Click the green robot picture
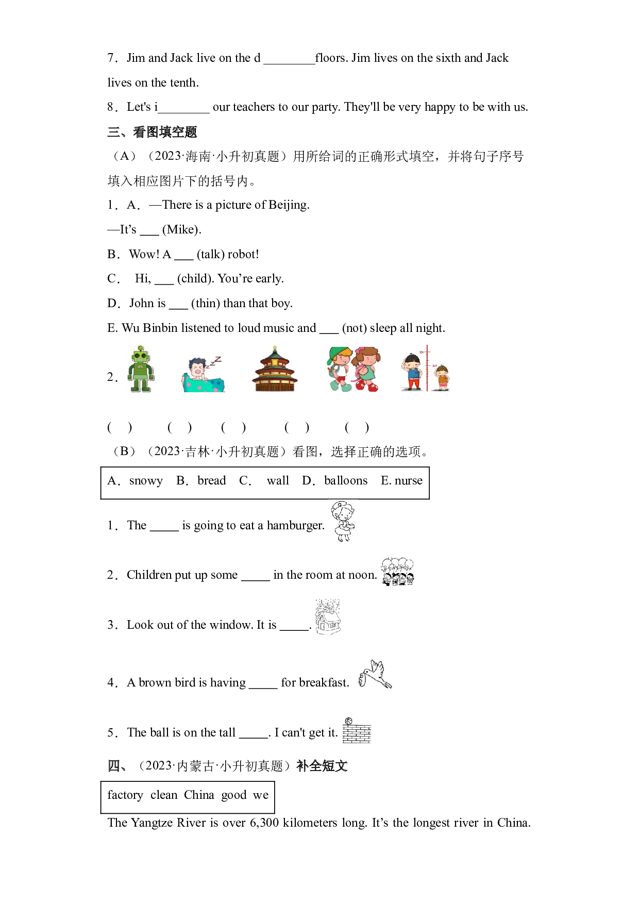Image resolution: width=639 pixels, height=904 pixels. (141, 369)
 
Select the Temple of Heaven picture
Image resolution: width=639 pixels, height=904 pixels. (275, 369)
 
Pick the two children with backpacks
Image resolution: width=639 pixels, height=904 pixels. (354, 369)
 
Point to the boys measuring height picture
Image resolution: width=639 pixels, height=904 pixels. (426, 369)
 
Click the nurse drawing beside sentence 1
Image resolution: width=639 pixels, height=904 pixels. (343, 521)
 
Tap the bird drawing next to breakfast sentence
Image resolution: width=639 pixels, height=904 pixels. (376, 674)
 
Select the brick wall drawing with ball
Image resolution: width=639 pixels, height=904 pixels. (357, 730)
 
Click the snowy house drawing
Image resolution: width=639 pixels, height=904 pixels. (328, 616)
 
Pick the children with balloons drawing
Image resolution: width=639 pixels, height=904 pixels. (397, 572)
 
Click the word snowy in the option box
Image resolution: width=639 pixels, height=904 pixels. (146, 481)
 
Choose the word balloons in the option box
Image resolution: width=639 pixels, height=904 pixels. (346, 480)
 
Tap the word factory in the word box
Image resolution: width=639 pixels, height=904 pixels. (125, 795)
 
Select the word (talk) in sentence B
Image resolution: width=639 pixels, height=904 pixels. (210, 254)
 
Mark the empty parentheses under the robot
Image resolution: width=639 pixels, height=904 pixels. (120, 427)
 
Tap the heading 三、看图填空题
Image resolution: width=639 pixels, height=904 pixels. (152, 132)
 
